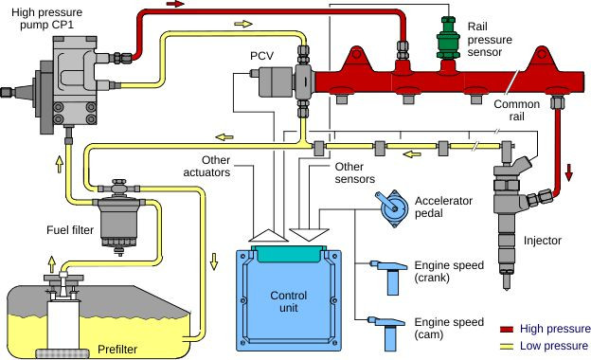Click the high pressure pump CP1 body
(71, 76)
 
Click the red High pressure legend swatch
(505, 328)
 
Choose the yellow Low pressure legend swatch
(505, 345)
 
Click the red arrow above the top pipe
(175, 5)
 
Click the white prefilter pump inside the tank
(62, 313)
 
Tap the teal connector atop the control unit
(288, 253)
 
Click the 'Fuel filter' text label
(69, 230)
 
